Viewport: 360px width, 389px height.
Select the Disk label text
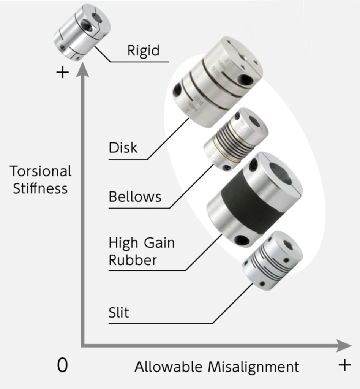(x=123, y=147)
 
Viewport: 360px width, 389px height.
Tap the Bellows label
(x=135, y=197)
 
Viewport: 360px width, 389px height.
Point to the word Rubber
(x=133, y=260)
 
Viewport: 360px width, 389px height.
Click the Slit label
(x=119, y=313)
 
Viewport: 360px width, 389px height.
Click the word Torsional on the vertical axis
(x=41, y=171)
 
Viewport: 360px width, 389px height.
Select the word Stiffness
(x=40, y=188)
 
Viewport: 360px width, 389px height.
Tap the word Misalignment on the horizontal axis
(x=253, y=367)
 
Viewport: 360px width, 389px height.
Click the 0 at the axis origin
(x=62, y=365)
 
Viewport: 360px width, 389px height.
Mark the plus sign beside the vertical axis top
(x=62, y=72)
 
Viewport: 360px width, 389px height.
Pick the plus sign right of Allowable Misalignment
(x=344, y=365)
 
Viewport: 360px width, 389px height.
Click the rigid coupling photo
(x=81, y=36)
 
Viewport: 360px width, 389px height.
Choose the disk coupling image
(x=216, y=82)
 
